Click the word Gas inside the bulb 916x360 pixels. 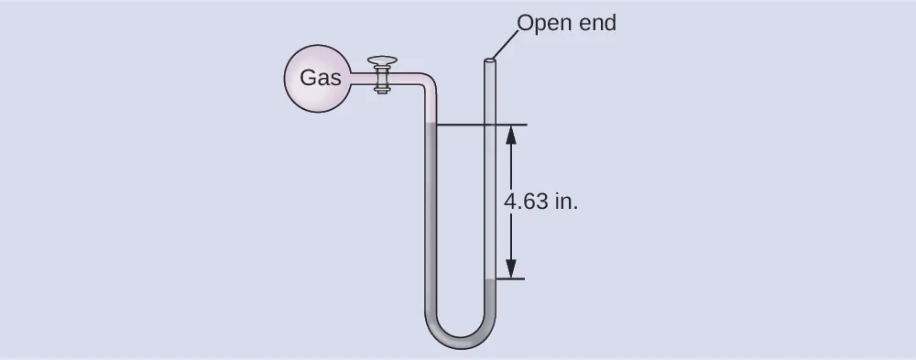click(x=320, y=78)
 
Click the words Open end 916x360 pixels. click(x=566, y=23)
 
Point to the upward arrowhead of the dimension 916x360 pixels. click(x=511, y=133)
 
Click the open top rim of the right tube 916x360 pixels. click(x=490, y=62)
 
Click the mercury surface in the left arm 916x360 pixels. click(x=431, y=125)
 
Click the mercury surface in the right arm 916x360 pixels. click(x=490, y=279)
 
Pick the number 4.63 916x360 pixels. click(x=526, y=202)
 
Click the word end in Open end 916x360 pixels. click(x=596, y=23)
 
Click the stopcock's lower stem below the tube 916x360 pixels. click(x=382, y=89)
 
